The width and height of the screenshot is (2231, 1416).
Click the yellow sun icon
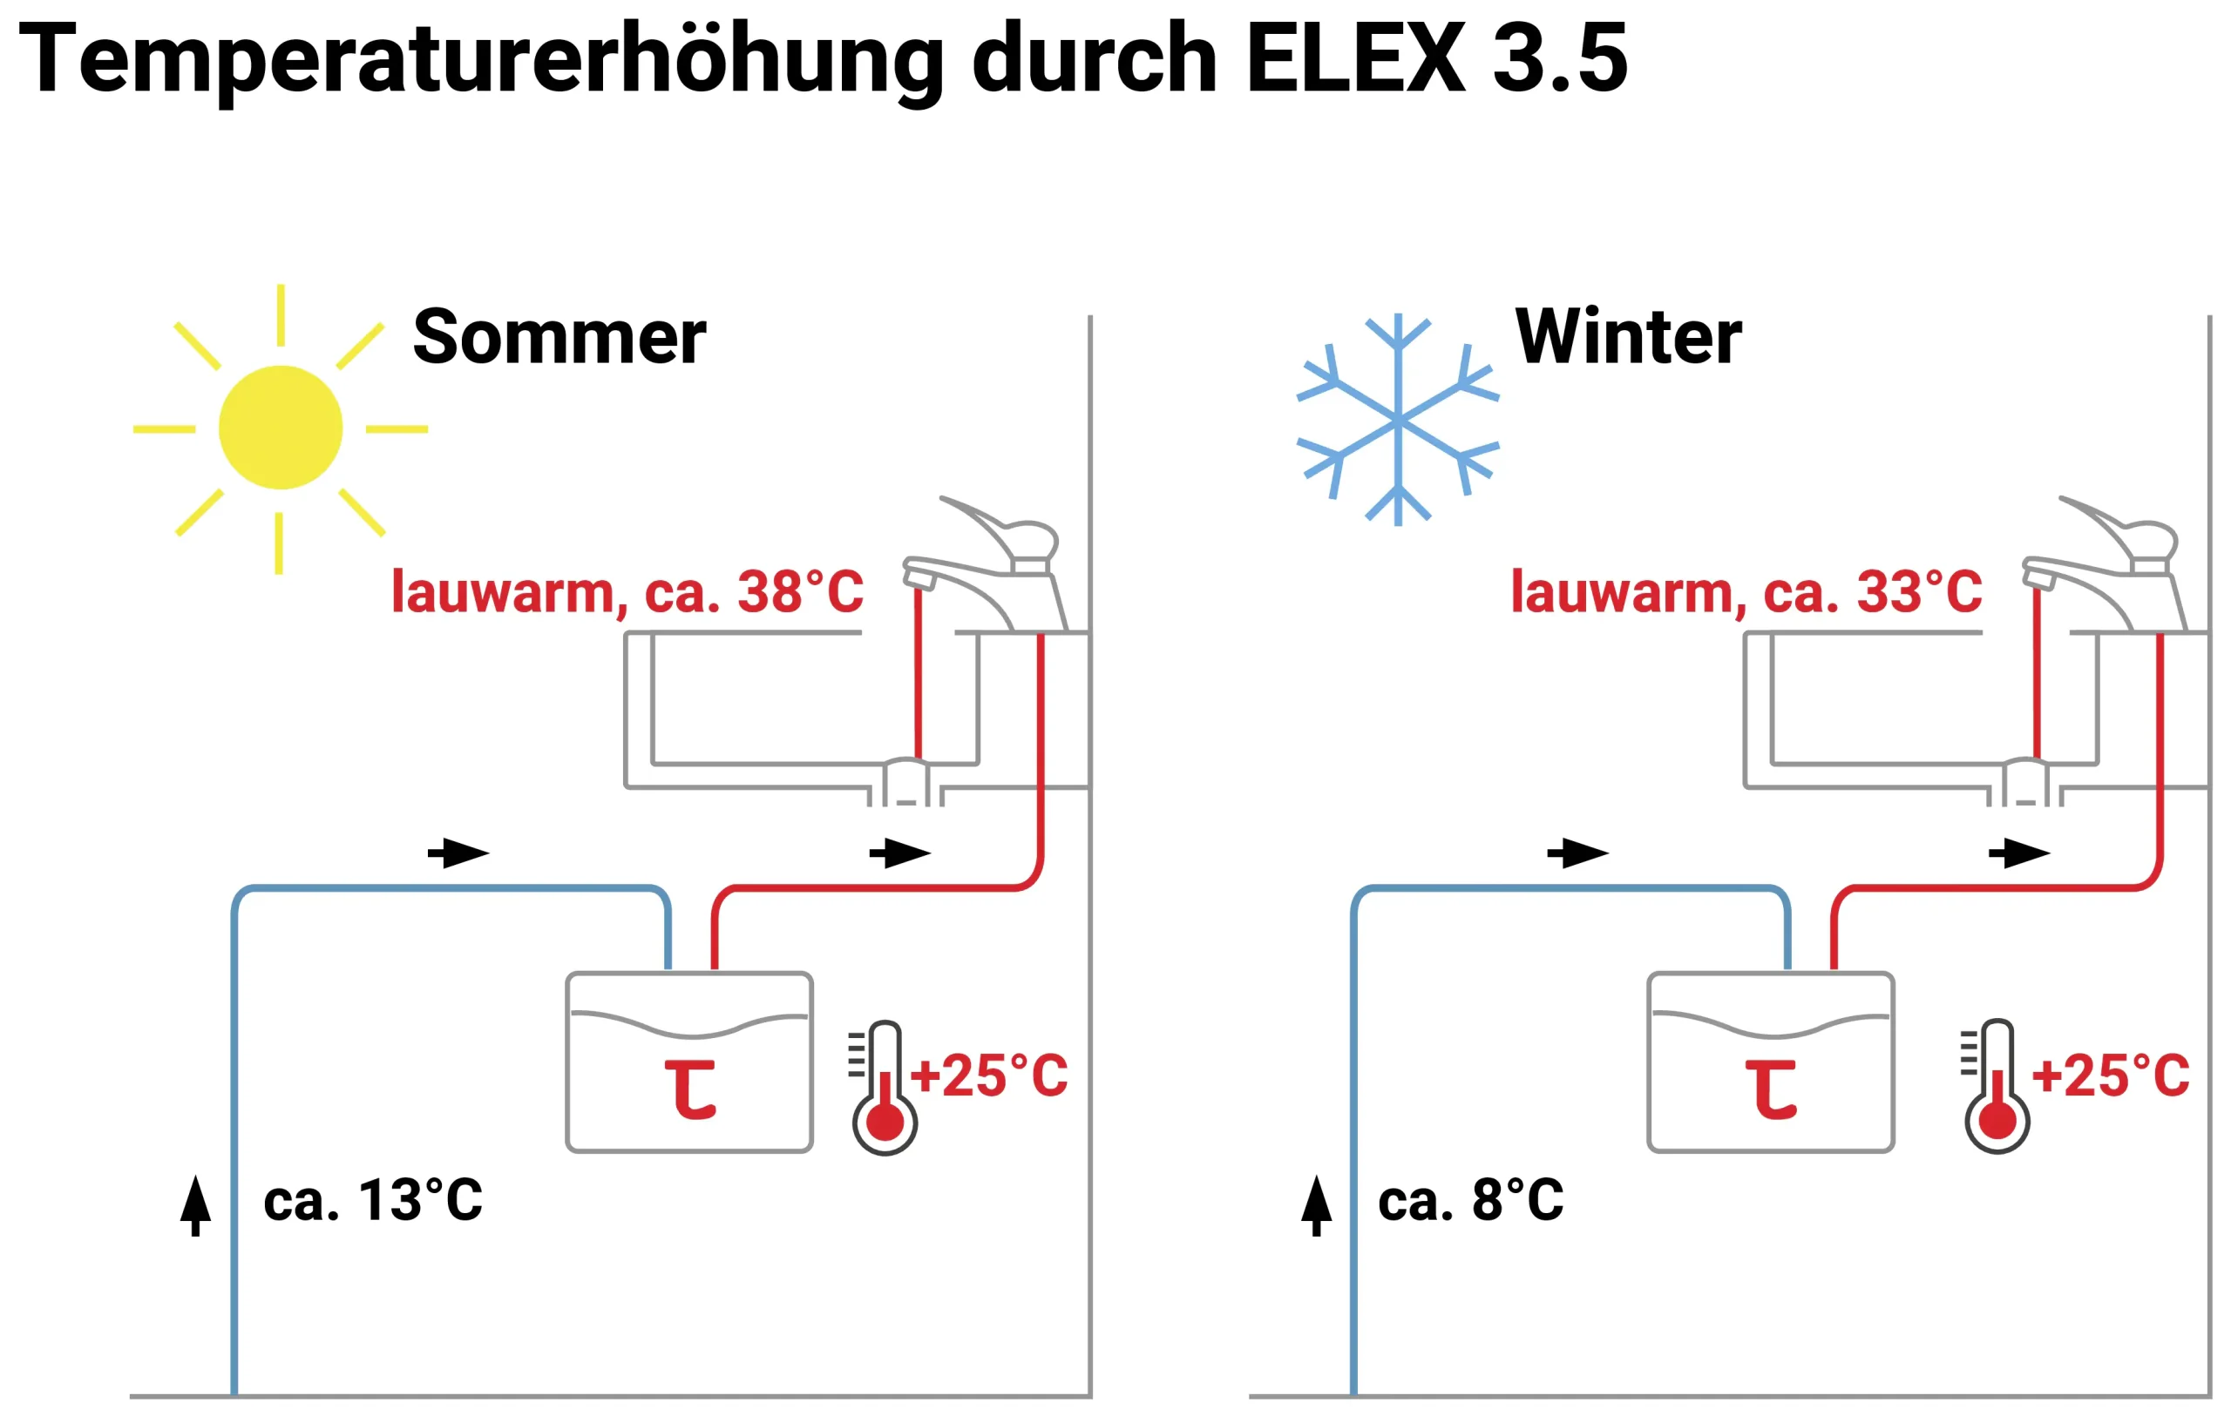[280, 428]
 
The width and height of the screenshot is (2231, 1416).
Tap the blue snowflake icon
[1397, 420]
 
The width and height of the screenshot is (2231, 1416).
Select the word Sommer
[559, 336]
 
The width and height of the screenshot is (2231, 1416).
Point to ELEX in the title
[1356, 57]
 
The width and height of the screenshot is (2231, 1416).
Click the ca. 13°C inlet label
[373, 1200]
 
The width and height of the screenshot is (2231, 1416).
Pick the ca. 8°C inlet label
[1471, 1200]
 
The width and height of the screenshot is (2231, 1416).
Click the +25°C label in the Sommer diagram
[988, 1076]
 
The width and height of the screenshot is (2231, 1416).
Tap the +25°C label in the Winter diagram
[2110, 1076]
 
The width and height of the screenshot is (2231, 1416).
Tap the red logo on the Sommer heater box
[691, 1090]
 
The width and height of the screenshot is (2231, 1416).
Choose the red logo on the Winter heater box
[1772, 1090]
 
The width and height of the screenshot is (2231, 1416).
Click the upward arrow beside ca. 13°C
[195, 1206]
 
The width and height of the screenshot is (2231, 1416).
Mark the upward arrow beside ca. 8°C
[1317, 1206]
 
